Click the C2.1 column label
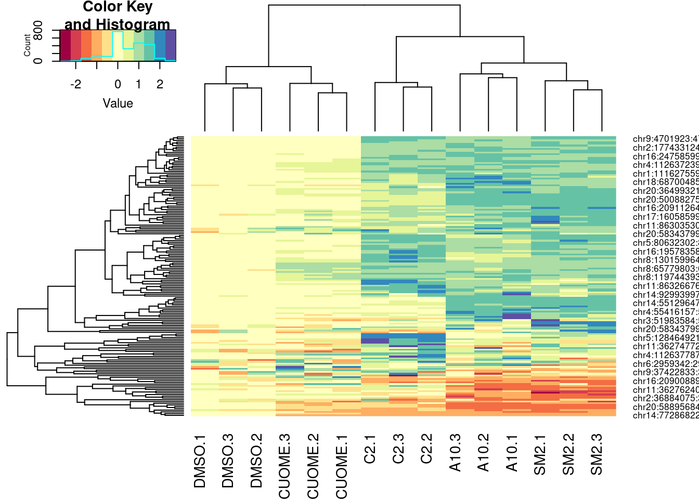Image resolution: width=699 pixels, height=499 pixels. [370, 450]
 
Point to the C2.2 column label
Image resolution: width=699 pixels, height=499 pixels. [426, 450]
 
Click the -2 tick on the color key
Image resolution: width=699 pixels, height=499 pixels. [75, 84]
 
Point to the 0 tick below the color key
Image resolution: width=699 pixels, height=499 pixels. [118, 84]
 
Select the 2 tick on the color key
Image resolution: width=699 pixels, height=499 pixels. [160, 84]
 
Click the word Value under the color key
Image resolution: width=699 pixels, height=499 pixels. [118, 103]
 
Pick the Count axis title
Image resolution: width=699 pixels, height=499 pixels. [27, 46]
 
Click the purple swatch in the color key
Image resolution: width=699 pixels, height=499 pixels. [171, 45]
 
